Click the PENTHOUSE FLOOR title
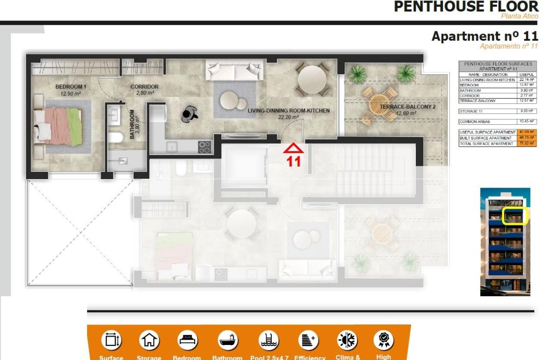[x=466, y=7]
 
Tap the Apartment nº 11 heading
[x=484, y=36]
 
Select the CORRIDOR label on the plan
[x=144, y=87]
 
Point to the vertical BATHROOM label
[x=132, y=124]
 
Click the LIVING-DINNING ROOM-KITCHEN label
[x=289, y=111]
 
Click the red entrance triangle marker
[x=294, y=148]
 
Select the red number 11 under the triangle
[x=294, y=162]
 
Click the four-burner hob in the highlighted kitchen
[x=204, y=147]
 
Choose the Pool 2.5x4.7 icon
[x=269, y=341]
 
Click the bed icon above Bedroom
[x=187, y=341]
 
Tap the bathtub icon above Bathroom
[x=228, y=341]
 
